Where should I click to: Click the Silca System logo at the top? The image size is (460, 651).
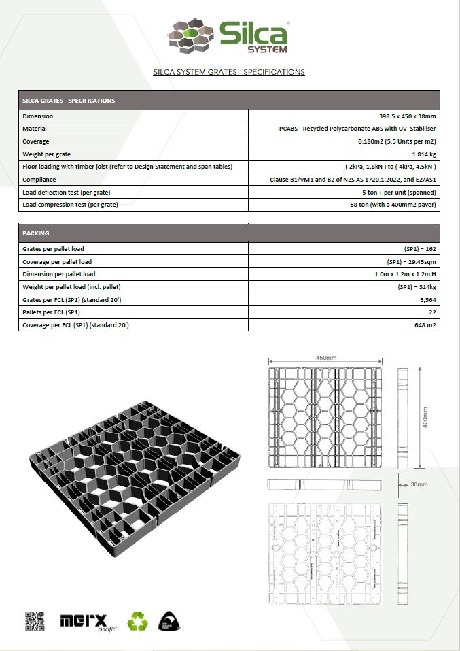click(229, 37)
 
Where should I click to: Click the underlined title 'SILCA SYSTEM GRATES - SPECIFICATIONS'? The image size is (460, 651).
click(229, 71)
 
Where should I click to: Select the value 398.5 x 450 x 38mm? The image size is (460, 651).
click(407, 116)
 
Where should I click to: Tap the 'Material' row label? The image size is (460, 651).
click(35, 129)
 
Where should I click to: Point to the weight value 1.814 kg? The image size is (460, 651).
click(420, 154)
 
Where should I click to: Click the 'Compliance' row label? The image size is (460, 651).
click(39, 180)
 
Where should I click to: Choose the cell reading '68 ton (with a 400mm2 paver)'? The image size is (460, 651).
click(393, 205)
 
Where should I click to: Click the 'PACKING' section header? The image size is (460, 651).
click(36, 233)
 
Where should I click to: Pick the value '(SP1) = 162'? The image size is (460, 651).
click(421, 249)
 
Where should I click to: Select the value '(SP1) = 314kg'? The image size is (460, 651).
click(417, 287)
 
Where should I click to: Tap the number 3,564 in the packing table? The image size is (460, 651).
click(427, 300)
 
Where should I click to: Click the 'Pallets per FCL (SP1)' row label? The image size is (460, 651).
click(52, 312)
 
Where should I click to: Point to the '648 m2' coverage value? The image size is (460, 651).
click(425, 325)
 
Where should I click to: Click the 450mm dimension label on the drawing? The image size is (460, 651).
click(326, 358)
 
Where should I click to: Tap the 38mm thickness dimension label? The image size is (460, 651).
click(419, 484)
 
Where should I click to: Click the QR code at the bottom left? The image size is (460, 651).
click(35, 621)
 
